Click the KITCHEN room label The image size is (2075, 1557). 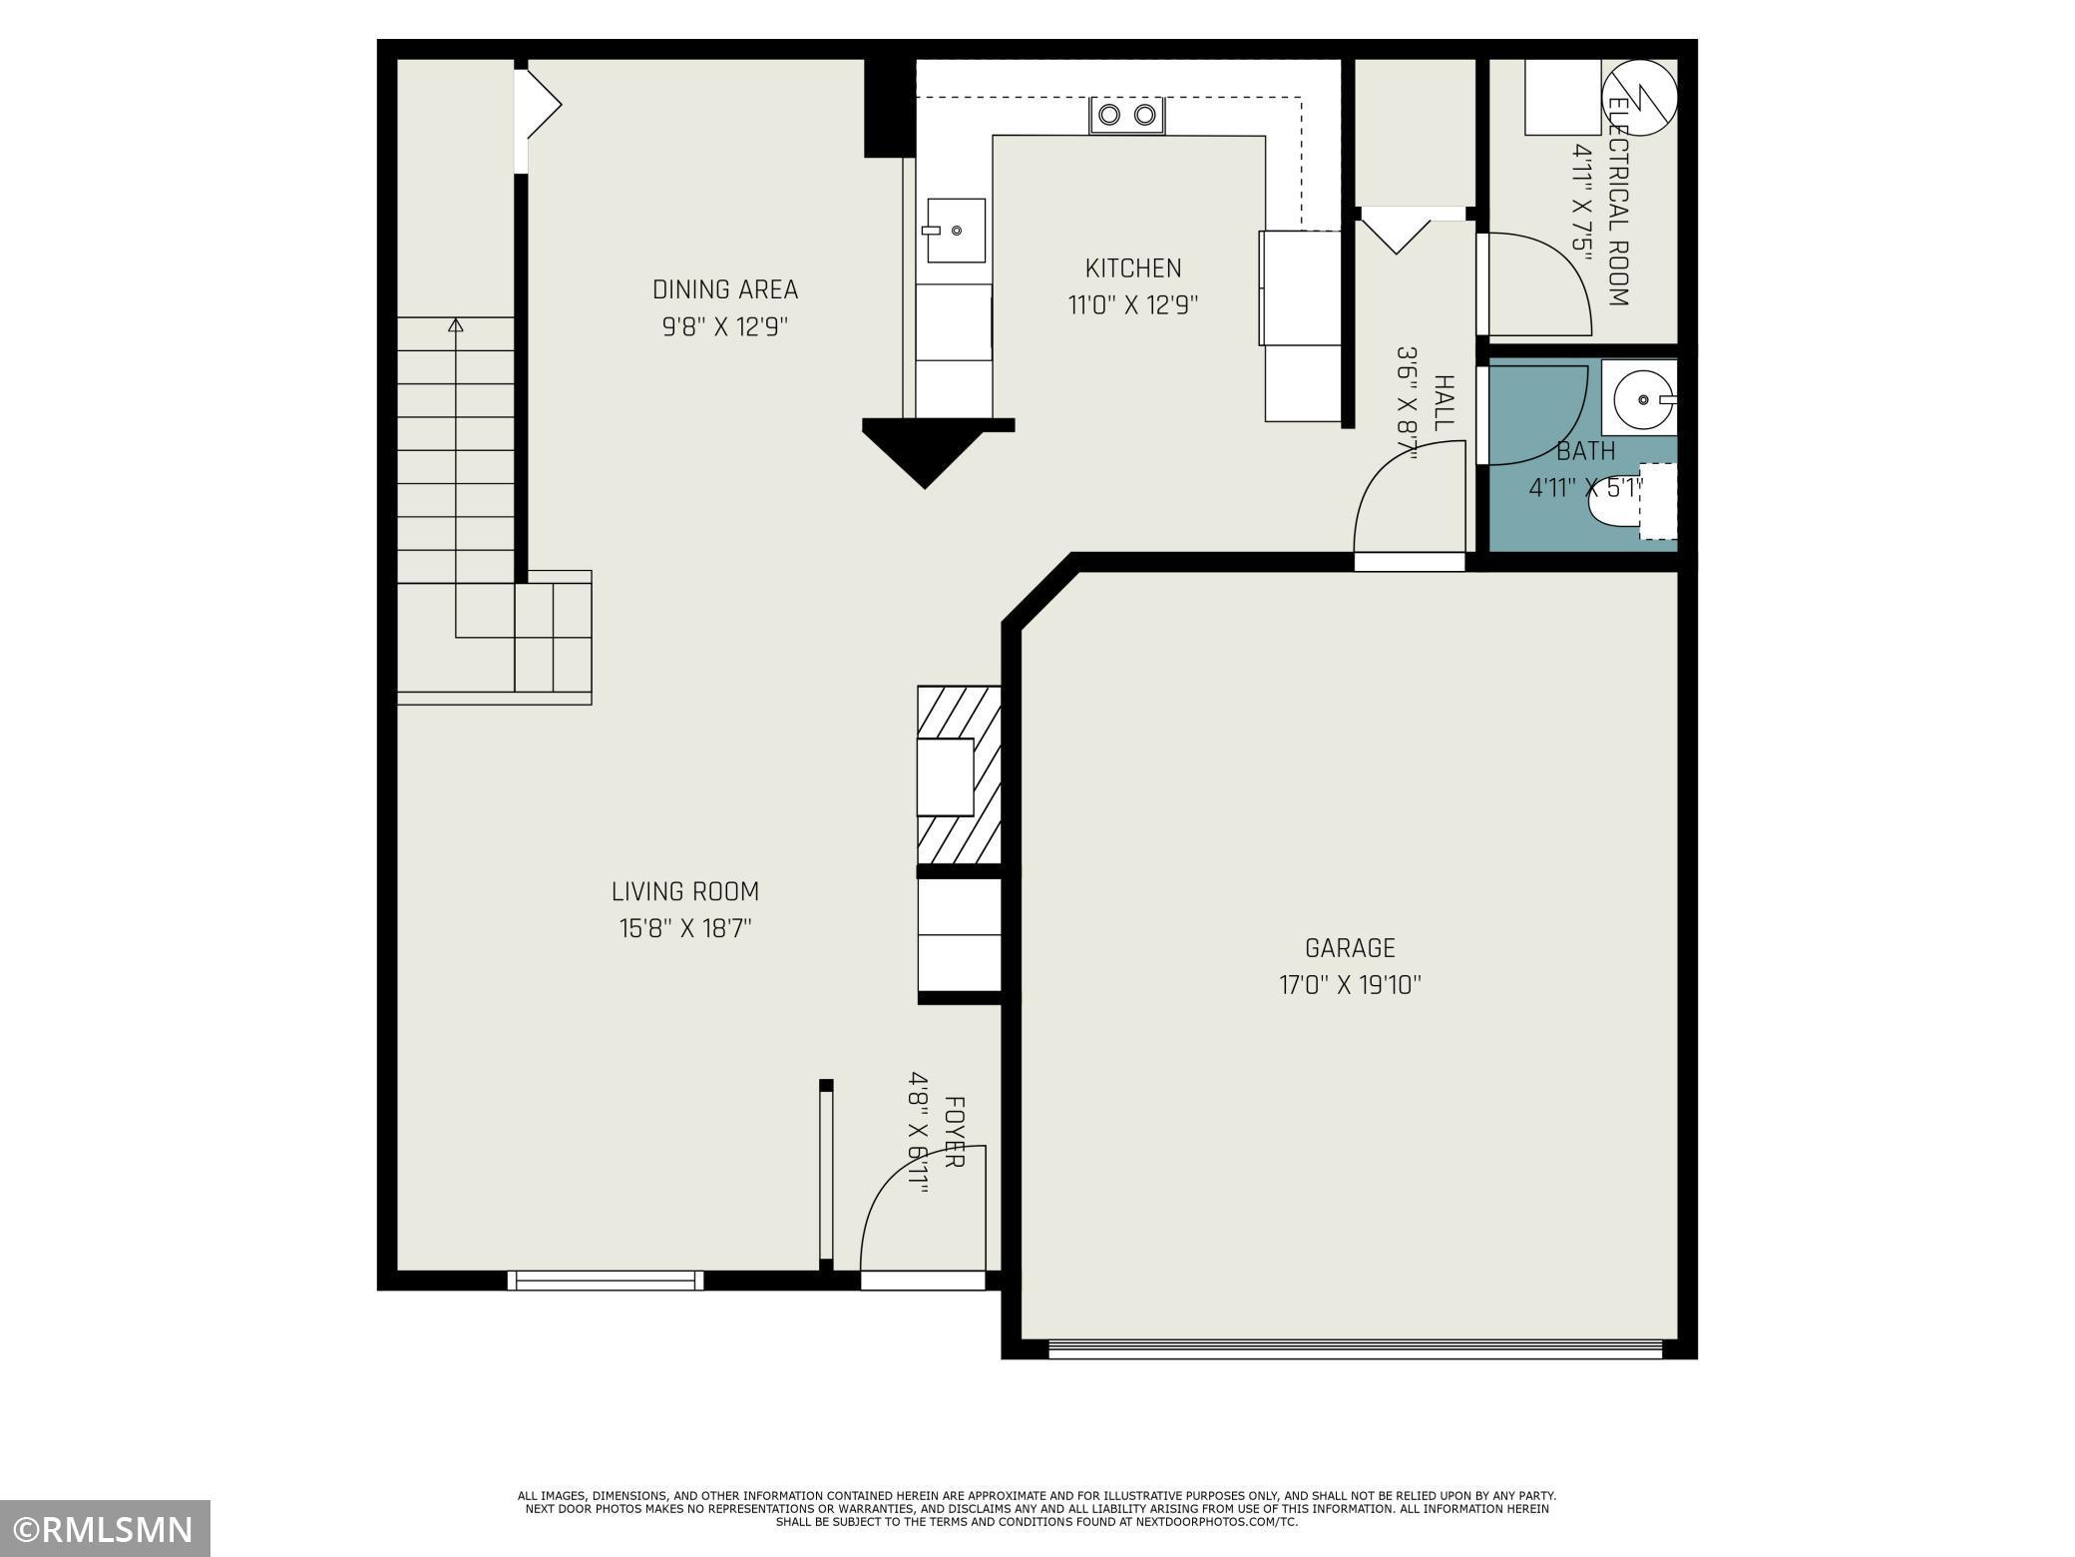click(1132, 267)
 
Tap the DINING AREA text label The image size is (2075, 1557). click(724, 289)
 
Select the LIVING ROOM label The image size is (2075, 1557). click(684, 891)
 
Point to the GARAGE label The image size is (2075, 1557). click(1350, 947)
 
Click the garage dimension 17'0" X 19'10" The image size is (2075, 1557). click(1350, 985)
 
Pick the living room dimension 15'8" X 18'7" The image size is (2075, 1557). click(684, 928)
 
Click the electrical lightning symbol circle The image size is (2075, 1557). click(1639, 97)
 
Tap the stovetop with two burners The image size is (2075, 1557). click(1127, 115)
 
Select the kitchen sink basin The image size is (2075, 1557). click(956, 231)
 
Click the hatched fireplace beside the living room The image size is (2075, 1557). click(959, 774)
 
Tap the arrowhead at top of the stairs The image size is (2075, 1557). click(456, 324)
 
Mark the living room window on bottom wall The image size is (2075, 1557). click(606, 1280)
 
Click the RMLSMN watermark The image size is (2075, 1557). click(105, 1528)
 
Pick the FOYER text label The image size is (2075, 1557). click(954, 1133)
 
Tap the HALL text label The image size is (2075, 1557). click(1443, 403)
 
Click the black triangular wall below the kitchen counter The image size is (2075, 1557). click(925, 454)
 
